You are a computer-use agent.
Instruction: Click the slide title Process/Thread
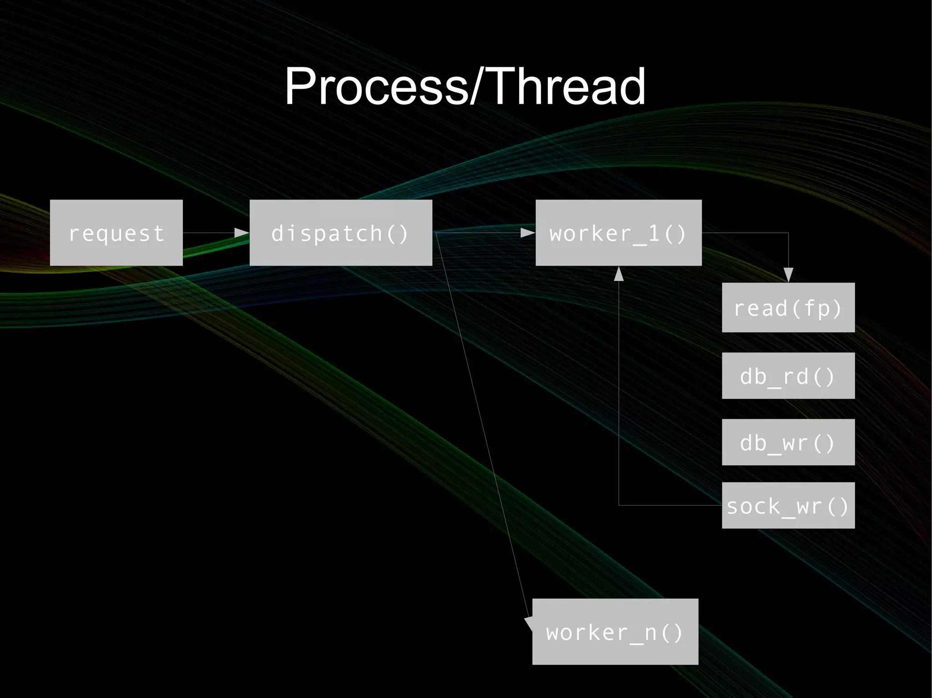465,86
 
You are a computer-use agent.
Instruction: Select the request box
116,232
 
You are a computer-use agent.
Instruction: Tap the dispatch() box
340,232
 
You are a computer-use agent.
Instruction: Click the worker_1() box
618,232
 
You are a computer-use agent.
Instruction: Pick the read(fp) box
788,307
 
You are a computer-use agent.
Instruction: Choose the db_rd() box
788,376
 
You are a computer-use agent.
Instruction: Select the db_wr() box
788,442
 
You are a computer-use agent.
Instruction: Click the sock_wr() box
788,505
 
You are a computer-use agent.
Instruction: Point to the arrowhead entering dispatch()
242,233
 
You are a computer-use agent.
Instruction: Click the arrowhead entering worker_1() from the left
528,233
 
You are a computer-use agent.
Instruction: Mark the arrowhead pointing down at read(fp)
788,274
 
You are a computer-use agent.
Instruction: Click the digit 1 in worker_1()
653,233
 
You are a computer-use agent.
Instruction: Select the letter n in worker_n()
650,633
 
